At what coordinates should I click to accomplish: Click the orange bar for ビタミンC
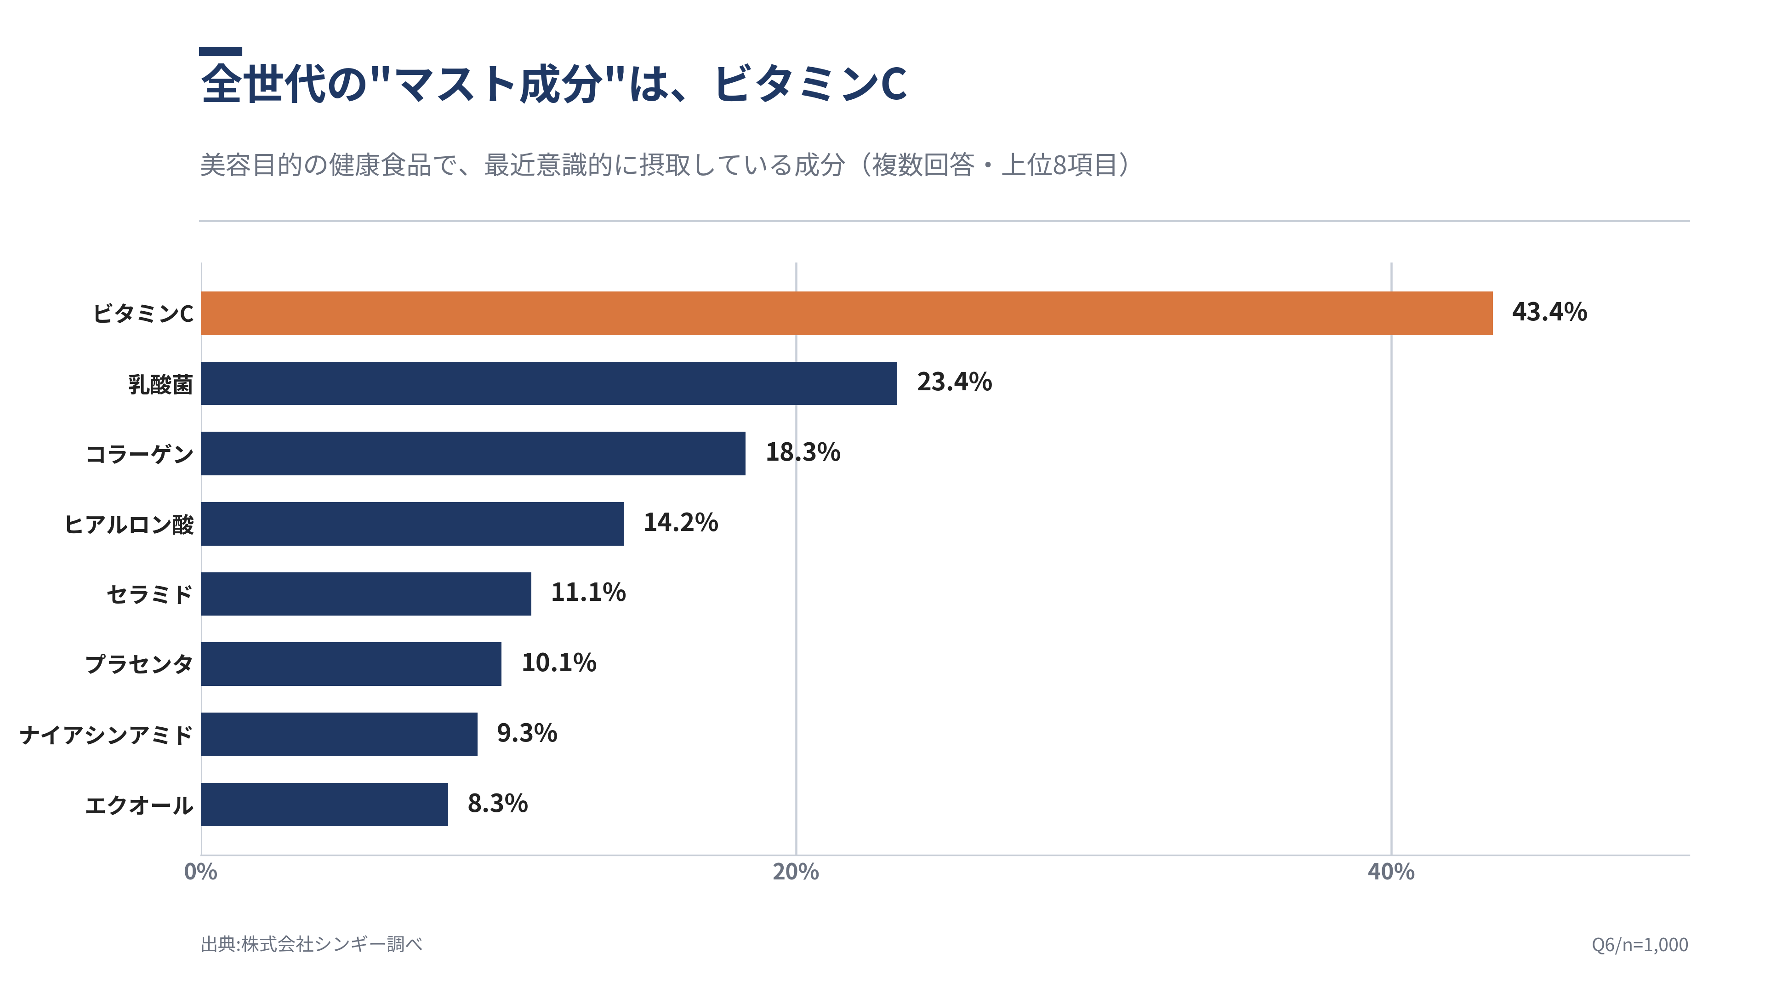(846, 313)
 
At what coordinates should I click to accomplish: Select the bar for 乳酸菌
(549, 383)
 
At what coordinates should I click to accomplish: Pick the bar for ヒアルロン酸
(412, 524)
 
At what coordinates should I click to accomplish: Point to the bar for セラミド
(366, 594)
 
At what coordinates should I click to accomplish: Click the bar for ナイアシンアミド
(339, 734)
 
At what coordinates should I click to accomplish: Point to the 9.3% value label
(527, 733)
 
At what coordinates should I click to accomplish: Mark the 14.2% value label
(680, 522)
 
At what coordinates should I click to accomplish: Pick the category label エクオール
(139, 805)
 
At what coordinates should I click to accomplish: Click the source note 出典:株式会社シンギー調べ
(312, 944)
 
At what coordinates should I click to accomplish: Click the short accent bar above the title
(221, 51)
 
